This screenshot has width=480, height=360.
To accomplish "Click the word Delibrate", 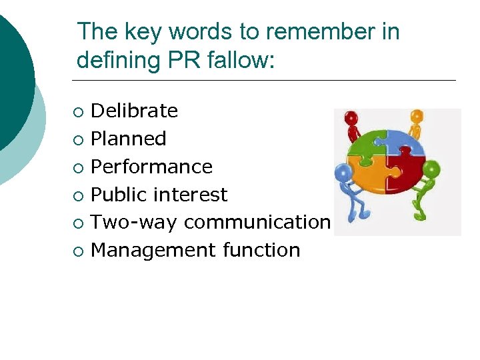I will (134, 111).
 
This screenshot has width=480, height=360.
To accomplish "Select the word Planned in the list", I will (128, 139).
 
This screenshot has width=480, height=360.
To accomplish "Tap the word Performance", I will (151, 167).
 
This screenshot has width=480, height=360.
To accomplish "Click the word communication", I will (257, 222).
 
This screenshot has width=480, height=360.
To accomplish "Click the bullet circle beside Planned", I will (80, 139).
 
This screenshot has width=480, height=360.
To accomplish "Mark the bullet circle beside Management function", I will (80, 251).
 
